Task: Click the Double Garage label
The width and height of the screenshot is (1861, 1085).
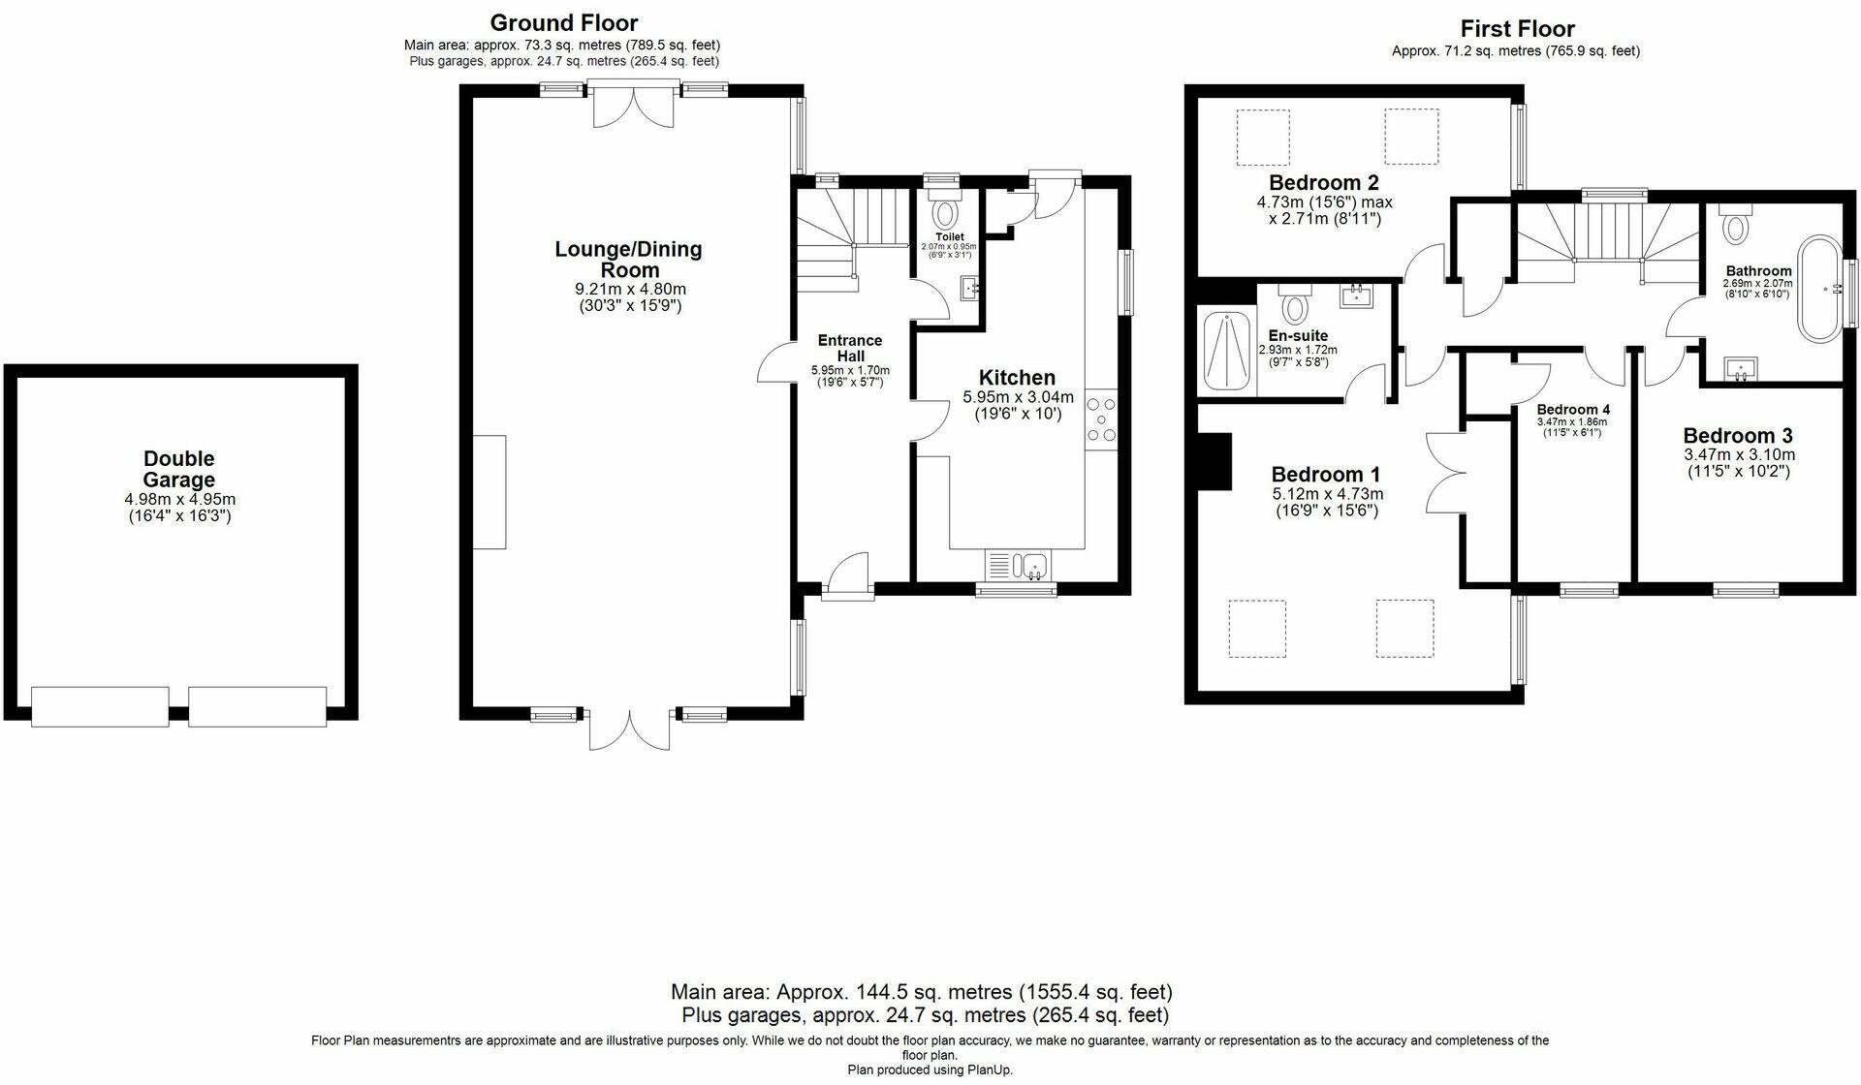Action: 178,469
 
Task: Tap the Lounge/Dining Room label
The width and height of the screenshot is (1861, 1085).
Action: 628,260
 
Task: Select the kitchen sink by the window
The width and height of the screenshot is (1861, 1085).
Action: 1018,564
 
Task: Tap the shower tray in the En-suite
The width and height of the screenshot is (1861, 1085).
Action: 1228,350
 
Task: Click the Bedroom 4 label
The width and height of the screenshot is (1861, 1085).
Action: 1573,409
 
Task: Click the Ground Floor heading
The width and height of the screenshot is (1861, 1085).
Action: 563,22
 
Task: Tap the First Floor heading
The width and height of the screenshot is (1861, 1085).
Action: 1517,28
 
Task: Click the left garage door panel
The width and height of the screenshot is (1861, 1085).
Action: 100,706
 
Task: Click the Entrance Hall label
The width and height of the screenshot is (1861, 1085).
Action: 850,348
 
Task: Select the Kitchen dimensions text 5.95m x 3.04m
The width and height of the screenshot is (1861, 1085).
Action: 1018,397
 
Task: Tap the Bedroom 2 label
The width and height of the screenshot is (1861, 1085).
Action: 1324,182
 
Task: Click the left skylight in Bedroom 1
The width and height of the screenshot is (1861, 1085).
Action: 1257,629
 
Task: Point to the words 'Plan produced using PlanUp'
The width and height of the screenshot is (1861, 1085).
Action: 930,1069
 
